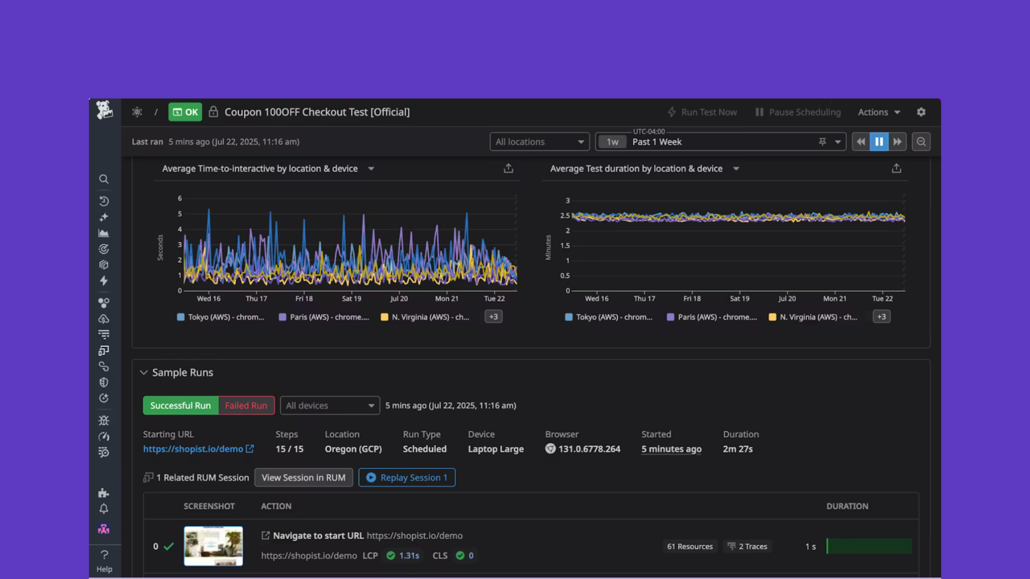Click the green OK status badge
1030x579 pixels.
point(185,112)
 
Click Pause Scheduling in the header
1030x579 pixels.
point(798,112)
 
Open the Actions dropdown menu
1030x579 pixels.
point(879,112)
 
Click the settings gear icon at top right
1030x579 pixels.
point(921,112)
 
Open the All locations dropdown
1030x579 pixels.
point(539,142)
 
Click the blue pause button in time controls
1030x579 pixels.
point(879,142)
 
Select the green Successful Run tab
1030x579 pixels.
point(181,405)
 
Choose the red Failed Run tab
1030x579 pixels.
point(246,405)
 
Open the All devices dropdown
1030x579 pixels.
point(329,405)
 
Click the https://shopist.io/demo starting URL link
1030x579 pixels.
point(193,449)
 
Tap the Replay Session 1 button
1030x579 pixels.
point(407,477)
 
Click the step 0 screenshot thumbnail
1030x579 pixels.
point(213,546)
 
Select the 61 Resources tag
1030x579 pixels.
point(690,546)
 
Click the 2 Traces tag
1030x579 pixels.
point(748,546)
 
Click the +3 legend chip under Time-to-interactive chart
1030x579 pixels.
point(493,317)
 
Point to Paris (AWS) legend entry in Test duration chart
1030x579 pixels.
point(712,317)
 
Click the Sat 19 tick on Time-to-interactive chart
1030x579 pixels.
point(352,298)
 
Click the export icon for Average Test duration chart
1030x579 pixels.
point(896,169)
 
